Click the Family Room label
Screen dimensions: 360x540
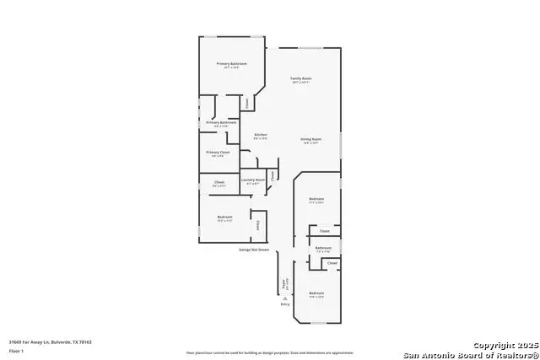click(301, 78)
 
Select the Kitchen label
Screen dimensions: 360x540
click(262, 135)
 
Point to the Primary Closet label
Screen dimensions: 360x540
click(218, 152)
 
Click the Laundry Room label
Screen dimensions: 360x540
click(253, 180)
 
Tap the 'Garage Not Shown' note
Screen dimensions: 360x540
click(253, 250)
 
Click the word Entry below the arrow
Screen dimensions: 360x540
click(284, 304)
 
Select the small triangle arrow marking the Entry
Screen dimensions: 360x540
click(284, 298)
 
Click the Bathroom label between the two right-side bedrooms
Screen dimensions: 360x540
click(323, 248)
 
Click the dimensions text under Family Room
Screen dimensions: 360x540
click(301, 83)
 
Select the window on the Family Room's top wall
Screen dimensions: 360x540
click(310, 48)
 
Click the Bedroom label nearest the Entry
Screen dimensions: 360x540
click(316, 294)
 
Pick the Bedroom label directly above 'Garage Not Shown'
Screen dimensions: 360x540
click(224, 218)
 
